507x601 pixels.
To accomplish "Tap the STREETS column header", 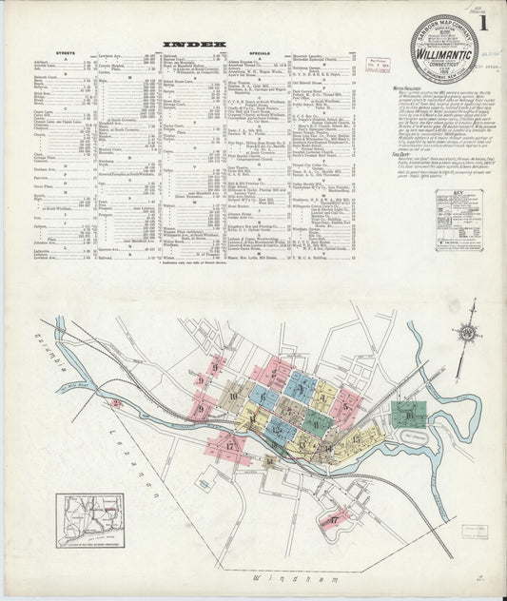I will point(66,52).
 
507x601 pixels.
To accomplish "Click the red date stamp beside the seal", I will point(387,69).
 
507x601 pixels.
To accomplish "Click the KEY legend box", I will point(458,220).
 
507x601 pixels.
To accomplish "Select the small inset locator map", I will point(88,521).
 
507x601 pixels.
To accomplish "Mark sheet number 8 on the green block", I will point(318,419).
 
